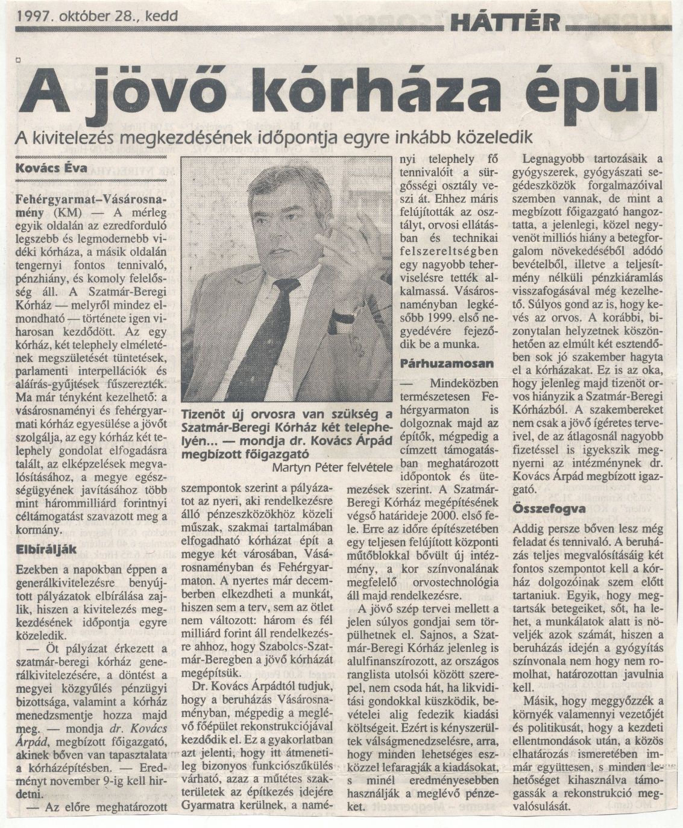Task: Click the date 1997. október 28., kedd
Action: (98, 16)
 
